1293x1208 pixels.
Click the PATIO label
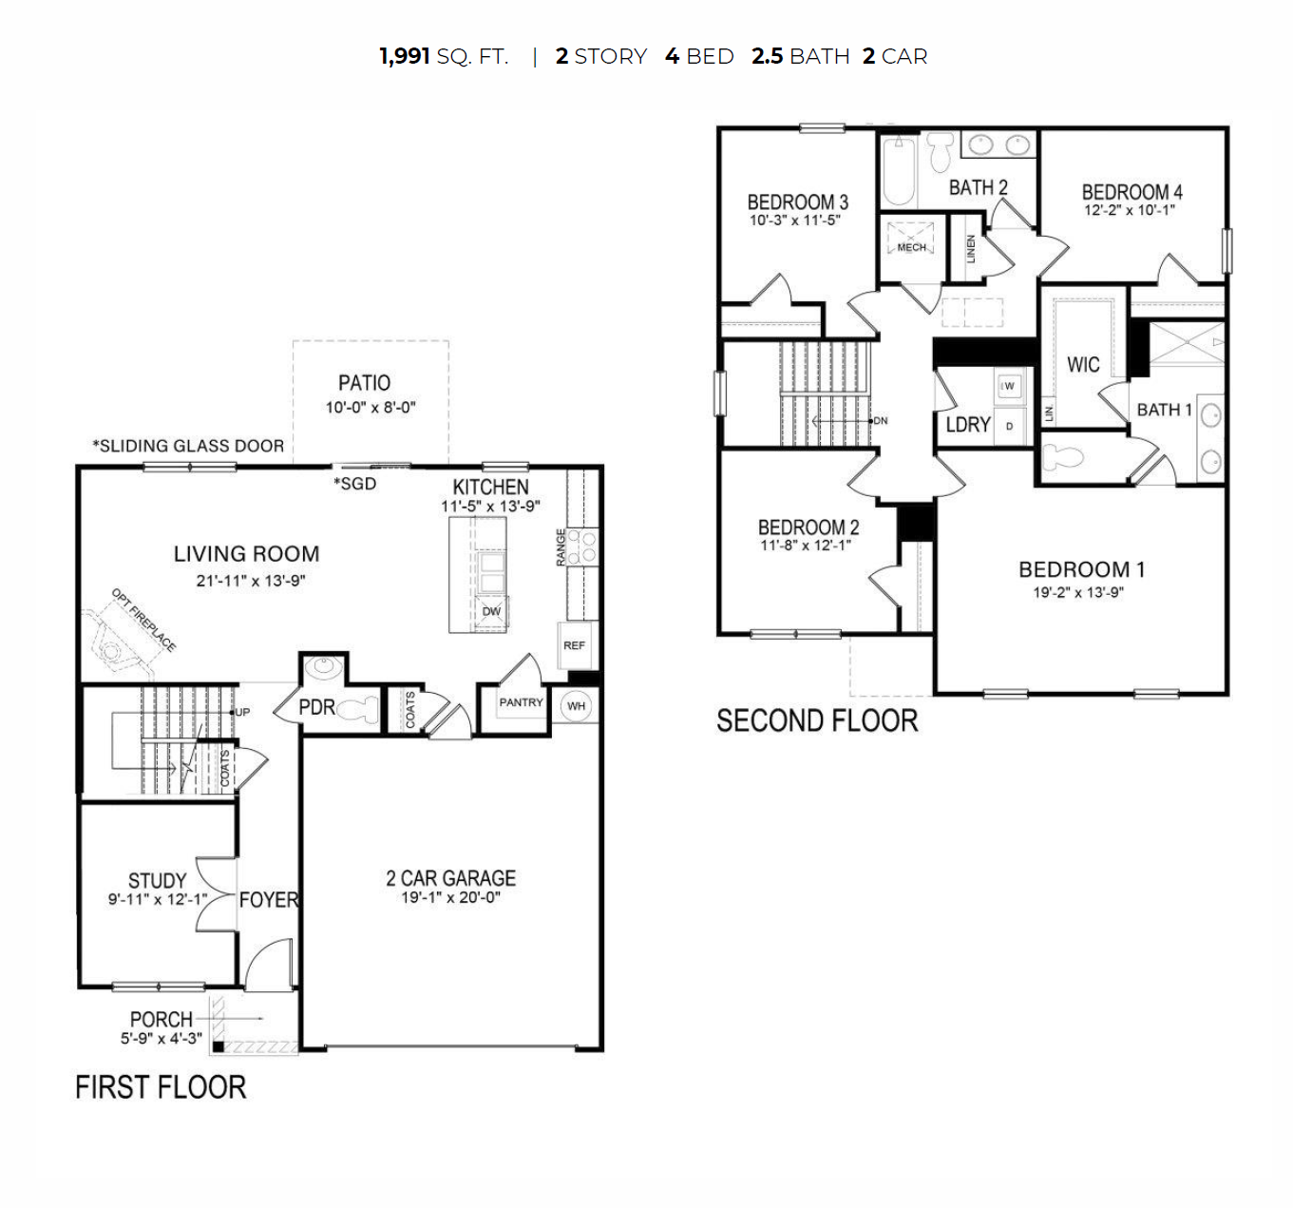pyautogui.click(x=364, y=383)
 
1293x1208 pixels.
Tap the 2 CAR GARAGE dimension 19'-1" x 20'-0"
pyautogui.click(x=450, y=898)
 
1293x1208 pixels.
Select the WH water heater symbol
pyautogui.click(x=576, y=706)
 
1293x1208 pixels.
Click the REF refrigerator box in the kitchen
pyautogui.click(x=574, y=645)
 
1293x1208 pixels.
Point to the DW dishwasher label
pyautogui.click(x=491, y=611)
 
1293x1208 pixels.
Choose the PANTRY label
pyautogui.click(x=521, y=702)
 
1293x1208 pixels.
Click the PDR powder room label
pyautogui.click(x=316, y=708)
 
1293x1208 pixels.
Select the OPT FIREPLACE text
pyautogui.click(x=143, y=621)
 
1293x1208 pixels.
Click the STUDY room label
pyautogui.click(x=157, y=881)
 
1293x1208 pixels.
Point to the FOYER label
pyautogui.click(x=269, y=900)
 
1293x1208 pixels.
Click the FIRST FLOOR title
pyautogui.click(x=161, y=1087)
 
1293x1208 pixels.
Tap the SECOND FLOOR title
pyautogui.click(x=817, y=721)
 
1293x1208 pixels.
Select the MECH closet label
pyautogui.click(x=911, y=247)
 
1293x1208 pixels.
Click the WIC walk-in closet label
pyautogui.click(x=1083, y=365)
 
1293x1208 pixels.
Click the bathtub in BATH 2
pyautogui.click(x=898, y=171)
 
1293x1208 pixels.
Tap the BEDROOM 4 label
pyautogui.click(x=1131, y=192)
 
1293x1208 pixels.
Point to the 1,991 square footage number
pyautogui.click(x=405, y=57)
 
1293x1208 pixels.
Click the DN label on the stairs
pyautogui.click(x=881, y=420)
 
